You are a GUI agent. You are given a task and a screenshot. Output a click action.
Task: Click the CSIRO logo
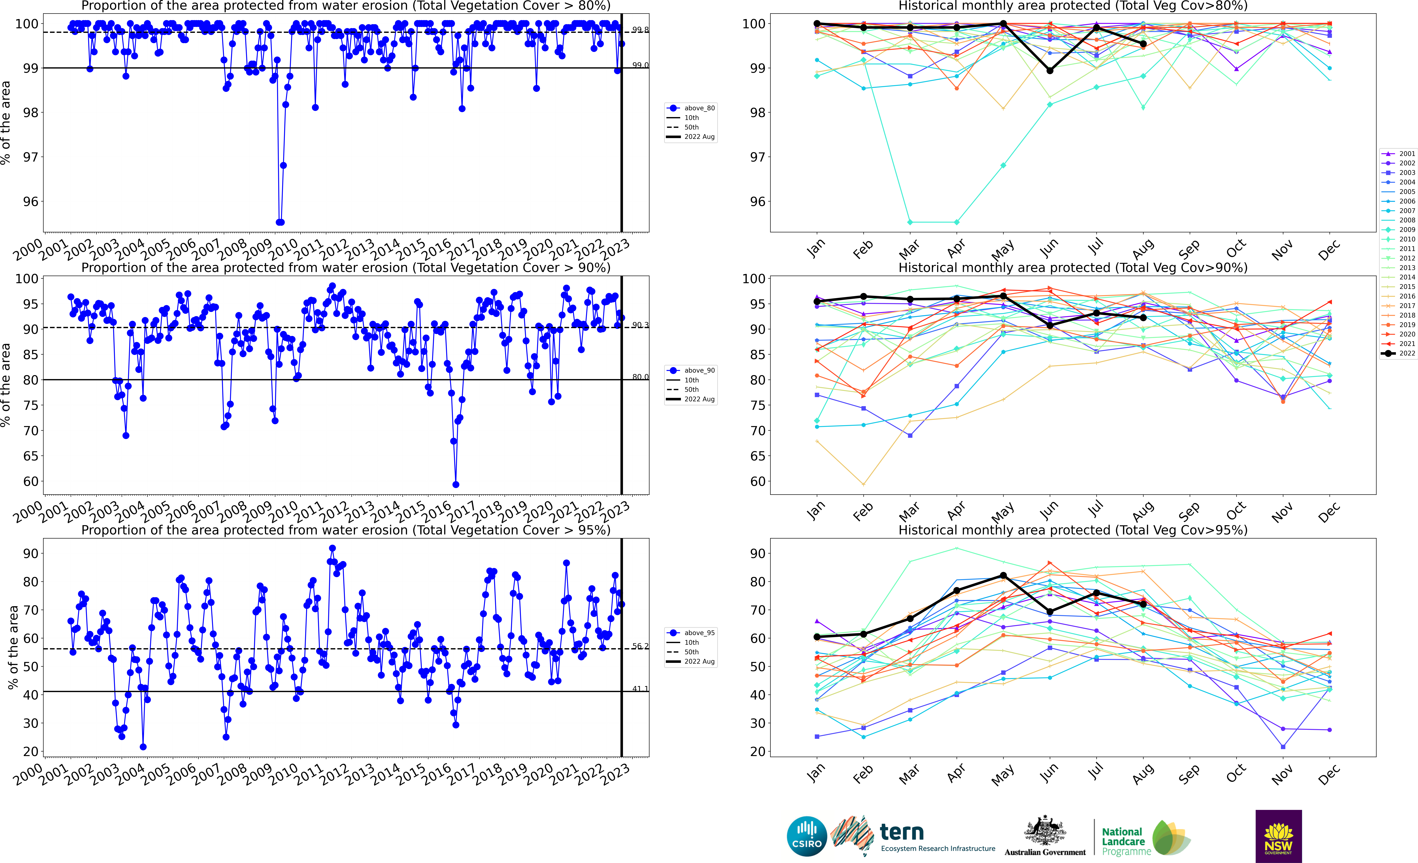806,836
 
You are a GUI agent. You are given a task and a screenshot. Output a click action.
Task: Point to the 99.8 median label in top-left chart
640,29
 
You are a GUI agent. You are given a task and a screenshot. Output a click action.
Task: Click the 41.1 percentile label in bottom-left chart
640,689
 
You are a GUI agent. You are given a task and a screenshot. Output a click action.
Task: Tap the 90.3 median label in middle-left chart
640,325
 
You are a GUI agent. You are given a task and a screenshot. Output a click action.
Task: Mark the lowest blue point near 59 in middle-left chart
456,484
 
